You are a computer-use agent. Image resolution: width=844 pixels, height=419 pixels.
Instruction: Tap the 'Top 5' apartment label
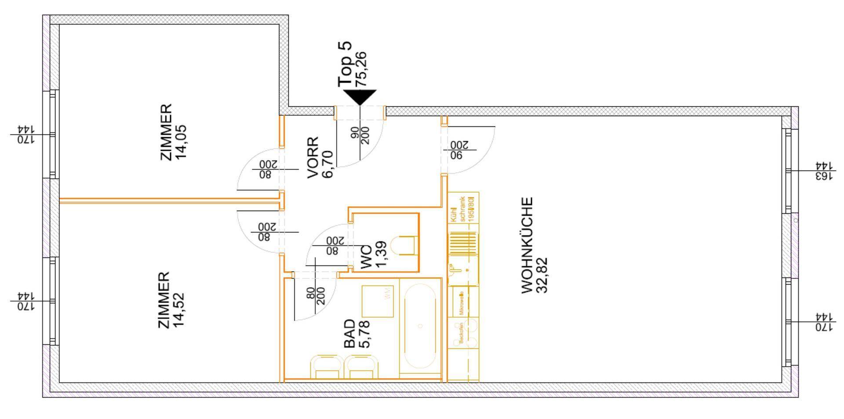345,65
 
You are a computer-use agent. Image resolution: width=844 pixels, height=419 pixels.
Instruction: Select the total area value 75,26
361,69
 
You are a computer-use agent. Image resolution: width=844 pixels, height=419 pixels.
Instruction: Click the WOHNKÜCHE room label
527,245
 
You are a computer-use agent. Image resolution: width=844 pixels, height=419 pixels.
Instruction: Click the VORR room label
313,157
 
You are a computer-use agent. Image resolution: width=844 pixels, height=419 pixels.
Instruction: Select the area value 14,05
180,142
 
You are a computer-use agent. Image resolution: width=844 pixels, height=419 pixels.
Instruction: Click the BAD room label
349,334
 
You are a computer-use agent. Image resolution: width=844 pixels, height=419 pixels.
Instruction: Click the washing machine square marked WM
377,301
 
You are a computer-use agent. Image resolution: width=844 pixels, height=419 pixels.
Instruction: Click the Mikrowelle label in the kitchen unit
461,304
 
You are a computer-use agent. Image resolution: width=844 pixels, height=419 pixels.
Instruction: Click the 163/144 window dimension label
824,171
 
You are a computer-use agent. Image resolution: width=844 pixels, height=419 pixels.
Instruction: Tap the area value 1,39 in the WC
382,253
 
